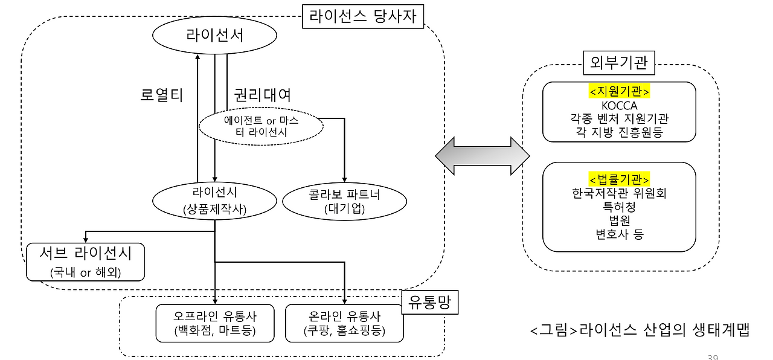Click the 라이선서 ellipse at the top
[x=215, y=36]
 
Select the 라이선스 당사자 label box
[x=363, y=15]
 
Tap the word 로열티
[x=161, y=95]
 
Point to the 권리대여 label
[x=262, y=95]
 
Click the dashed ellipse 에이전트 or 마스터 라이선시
[x=261, y=126]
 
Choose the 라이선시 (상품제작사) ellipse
[x=215, y=201]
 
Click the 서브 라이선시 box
[x=86, y=262]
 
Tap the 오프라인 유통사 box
[x=215, y=323]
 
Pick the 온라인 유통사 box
[x=344, y=323]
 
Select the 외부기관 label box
[x=620, y=62]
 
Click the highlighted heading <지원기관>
[x=619, y=91]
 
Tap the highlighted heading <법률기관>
[x=619, y=179]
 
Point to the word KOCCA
[x=619, y=105]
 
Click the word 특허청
[x=619, y=207]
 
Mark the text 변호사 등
[x=619, y=234]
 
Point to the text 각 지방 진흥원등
[x=619, y=132]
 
